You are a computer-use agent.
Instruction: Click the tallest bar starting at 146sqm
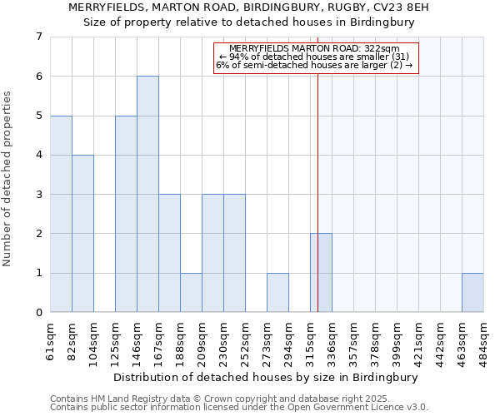point(147,194)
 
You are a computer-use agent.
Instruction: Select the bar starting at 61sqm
point(61,214)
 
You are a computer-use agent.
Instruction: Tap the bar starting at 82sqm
point(82,234)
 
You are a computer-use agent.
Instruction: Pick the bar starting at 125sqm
point(126,214)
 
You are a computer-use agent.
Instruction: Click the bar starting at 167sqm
point(169,253)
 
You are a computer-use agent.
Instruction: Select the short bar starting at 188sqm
point(191,293)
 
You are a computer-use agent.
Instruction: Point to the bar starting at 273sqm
point(277,293)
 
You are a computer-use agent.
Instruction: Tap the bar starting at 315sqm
point(321,273)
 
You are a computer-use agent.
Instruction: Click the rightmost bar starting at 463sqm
point(472,293)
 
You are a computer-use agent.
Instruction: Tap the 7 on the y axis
point(38,37)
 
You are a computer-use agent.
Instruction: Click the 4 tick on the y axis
point(38,156)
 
